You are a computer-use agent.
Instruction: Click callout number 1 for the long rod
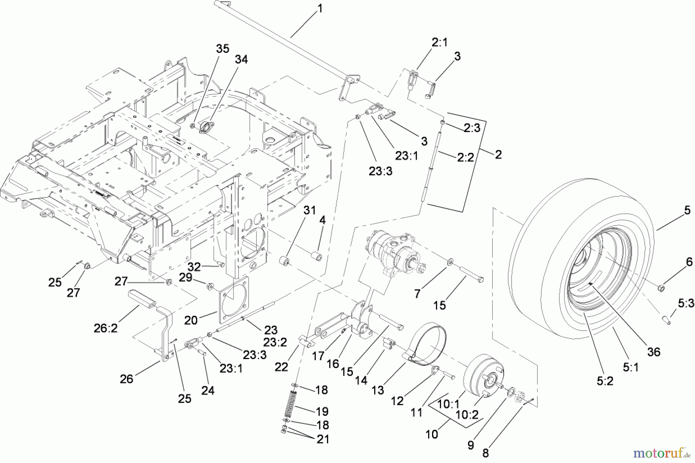tap(319, 8)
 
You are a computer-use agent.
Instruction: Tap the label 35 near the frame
tap(222, 49)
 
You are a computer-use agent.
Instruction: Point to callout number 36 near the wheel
tap(654, 352)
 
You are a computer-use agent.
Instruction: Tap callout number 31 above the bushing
tap(309, 210)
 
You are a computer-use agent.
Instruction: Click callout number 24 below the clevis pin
tap(208, 390)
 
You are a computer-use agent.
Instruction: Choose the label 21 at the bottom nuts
tap(323, 439)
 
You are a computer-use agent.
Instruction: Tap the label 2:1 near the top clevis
tap(439, 42)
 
